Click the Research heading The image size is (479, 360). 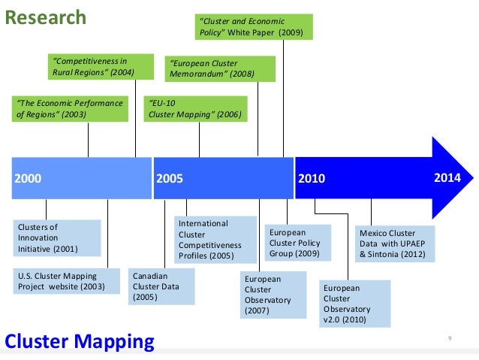(46, 17)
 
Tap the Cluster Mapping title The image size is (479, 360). (79, 341)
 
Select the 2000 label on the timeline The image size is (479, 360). (29, 179)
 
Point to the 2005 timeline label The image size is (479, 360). (170, 179)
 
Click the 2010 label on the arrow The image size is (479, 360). (312, 179)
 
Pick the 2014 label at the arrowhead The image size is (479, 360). (449, 178)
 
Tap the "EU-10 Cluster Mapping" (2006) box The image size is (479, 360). (195, 108)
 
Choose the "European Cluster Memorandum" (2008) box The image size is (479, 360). (220, 68)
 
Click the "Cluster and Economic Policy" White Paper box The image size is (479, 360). (254, 26)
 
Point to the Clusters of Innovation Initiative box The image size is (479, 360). (56, 237)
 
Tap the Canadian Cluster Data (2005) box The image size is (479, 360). (161, 286)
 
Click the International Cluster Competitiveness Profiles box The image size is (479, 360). (212, 240)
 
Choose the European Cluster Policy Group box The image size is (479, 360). (298, 243)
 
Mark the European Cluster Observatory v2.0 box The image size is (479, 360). (356, 304)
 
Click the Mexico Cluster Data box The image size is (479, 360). (396, 244)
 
